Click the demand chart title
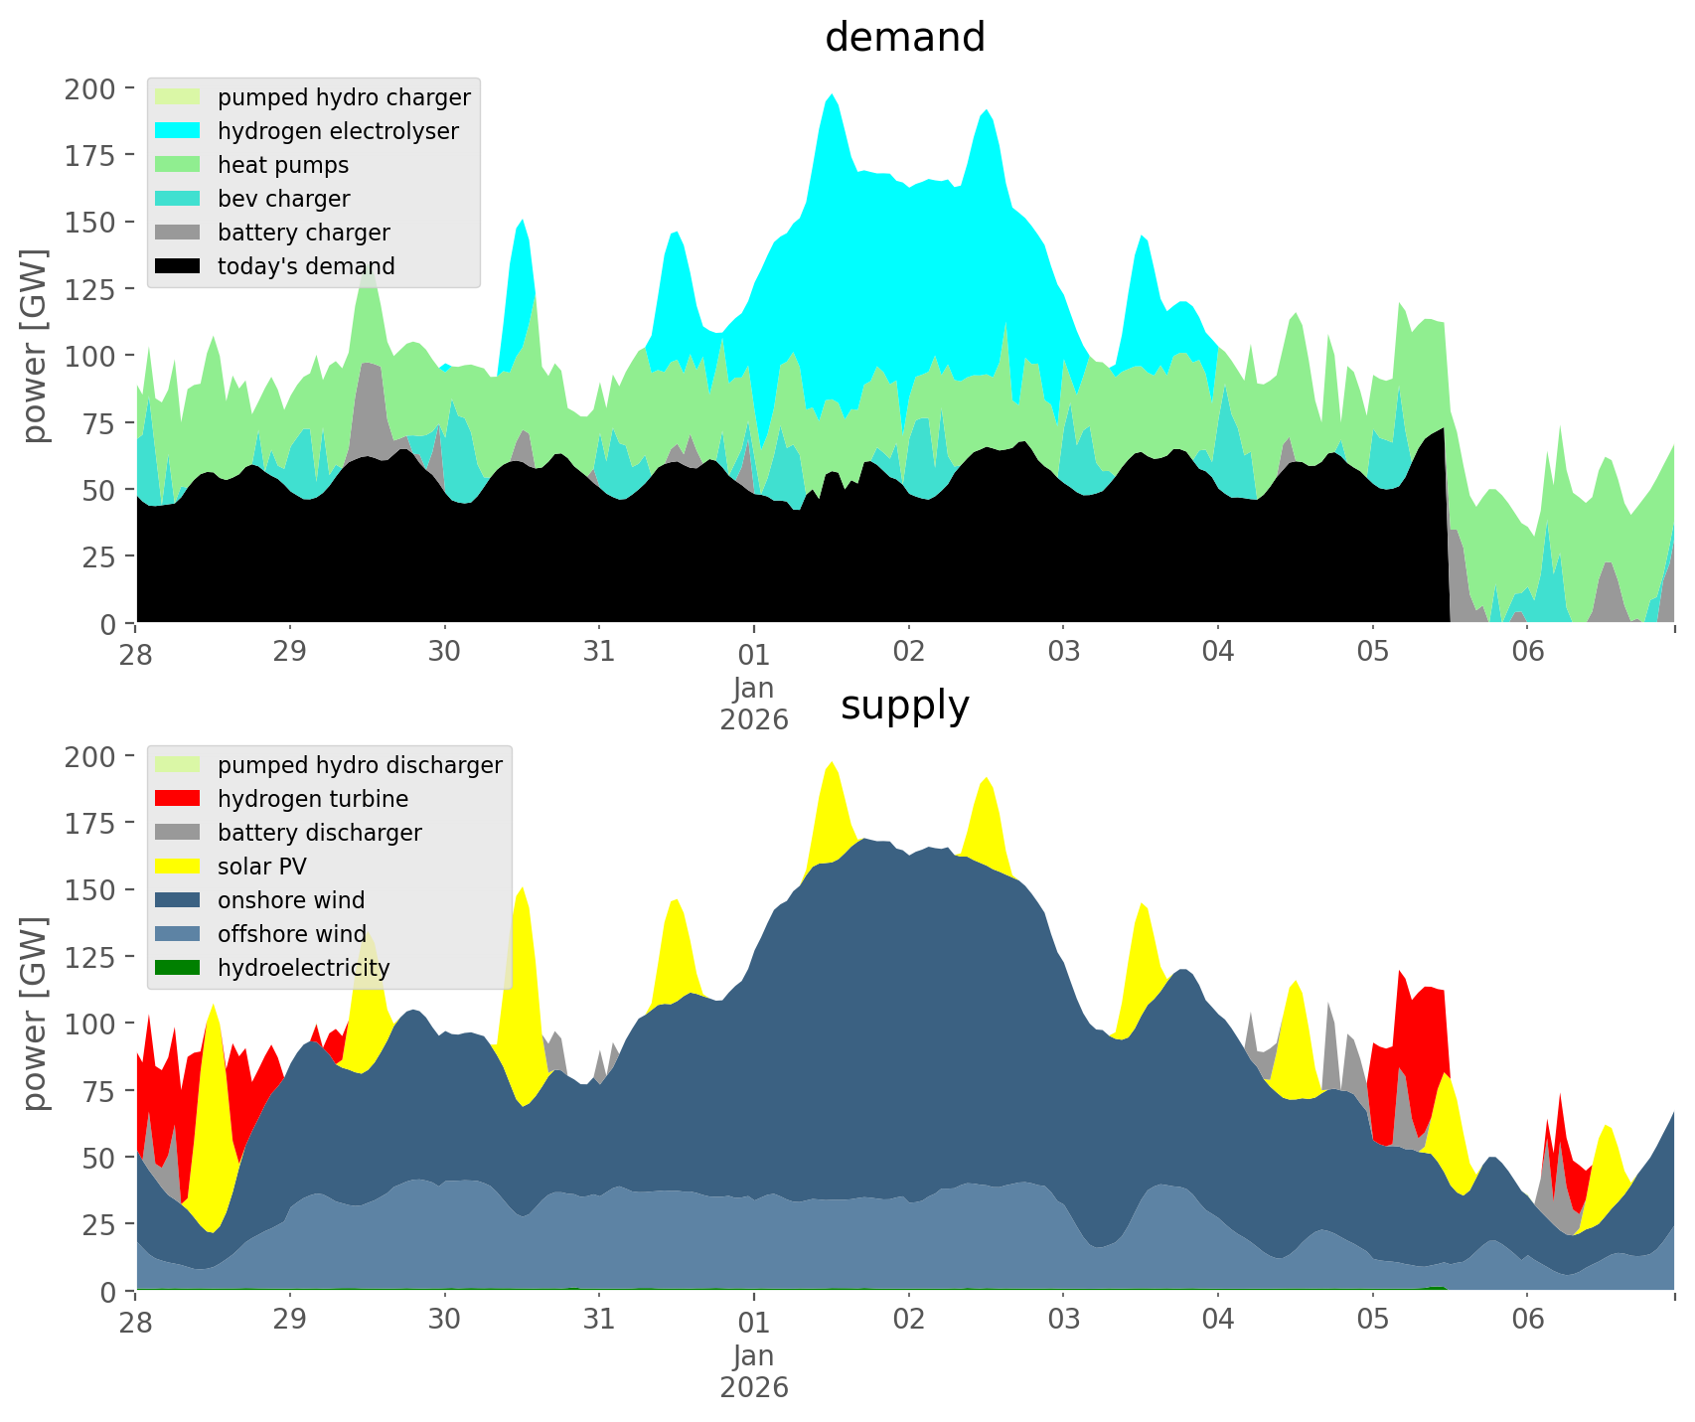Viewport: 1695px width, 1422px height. coord(904,38)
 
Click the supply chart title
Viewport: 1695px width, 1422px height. coord(904,706)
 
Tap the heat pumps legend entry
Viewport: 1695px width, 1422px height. coord(282,165)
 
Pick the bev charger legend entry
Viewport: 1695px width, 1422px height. coord(283,199)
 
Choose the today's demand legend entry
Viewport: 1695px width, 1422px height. coord(305,266)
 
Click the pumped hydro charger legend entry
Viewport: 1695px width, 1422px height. coord(343,97)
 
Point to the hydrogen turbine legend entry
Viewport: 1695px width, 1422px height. coord(312,799)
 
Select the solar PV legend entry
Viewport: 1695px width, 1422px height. coord(261,867)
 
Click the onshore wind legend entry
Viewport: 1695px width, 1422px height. coord(290,900)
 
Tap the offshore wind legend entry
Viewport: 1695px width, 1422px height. coord(291,934)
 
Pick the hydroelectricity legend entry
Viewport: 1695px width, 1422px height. coord(303,968)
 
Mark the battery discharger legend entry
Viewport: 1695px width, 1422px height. coord(319,833)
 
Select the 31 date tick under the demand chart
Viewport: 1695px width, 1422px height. coord(599,652)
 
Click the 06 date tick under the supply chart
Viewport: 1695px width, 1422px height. coord(1528,1320)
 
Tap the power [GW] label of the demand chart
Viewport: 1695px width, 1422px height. coord(35,346)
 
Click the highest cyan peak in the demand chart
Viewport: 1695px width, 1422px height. coord(833,95)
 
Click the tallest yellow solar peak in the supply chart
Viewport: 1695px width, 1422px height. coord(833,763)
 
